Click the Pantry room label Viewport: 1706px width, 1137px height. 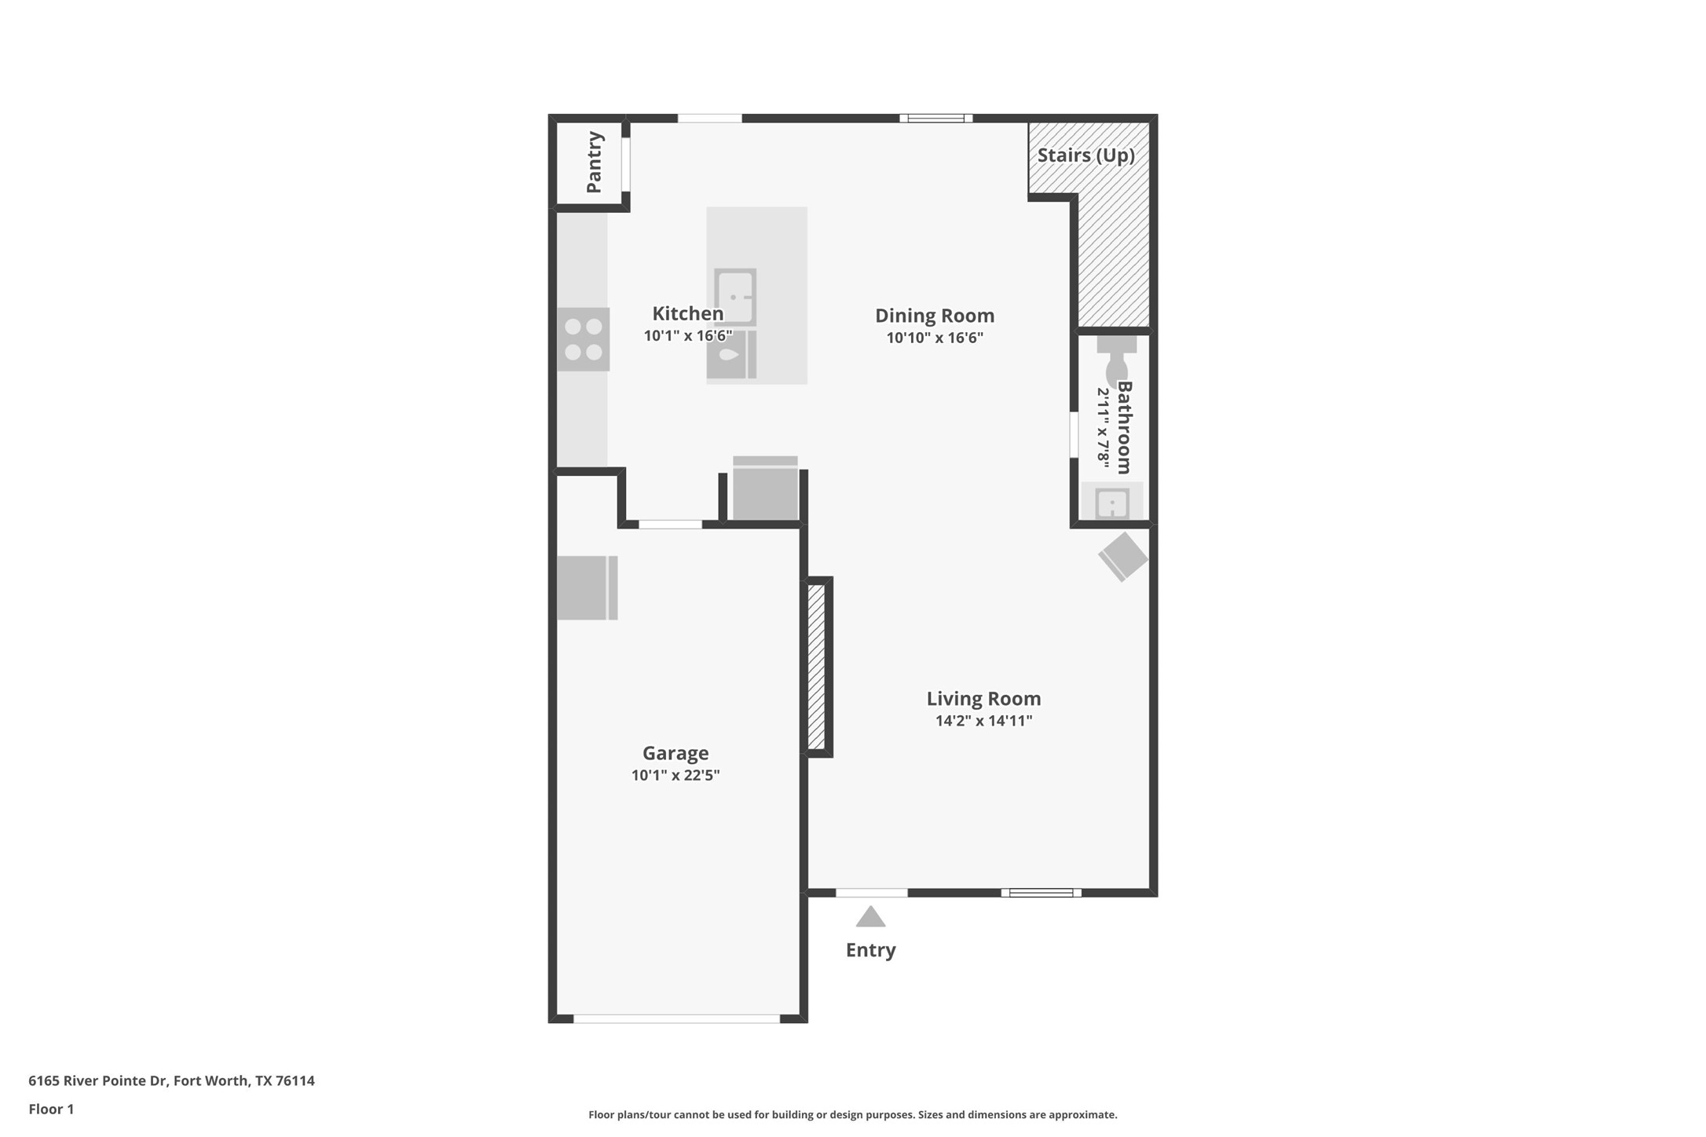tap(595, 162)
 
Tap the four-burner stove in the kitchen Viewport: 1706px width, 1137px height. tap(584, 339)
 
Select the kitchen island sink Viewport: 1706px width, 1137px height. tap(735, 297)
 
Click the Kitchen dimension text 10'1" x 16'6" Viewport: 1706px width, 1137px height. tap(688, 336)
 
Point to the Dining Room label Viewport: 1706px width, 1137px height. tap(935, 316)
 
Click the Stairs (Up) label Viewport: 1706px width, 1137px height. tap(1085, 155)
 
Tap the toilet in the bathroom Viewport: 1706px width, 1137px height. tap(1116, 361)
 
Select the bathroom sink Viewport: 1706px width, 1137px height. tap(1112, 503)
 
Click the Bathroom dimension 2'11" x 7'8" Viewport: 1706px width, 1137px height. tap(1104, 429)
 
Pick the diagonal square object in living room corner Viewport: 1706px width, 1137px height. tap(1123, 557)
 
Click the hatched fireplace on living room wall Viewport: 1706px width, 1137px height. tap(817, 667)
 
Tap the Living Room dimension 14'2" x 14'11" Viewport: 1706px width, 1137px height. tap(983, 721)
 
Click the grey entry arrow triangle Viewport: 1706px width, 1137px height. tap(870, 917)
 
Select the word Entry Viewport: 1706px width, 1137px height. tap(870, 950)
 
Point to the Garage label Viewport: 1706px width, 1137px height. tap(675, 753)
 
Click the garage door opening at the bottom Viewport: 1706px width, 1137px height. tap(676, 1018)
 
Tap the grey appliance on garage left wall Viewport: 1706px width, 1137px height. tap(587, 588)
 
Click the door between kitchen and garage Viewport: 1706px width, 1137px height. tap(670, 524)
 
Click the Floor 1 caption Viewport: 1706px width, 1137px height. tap(51, 1109)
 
